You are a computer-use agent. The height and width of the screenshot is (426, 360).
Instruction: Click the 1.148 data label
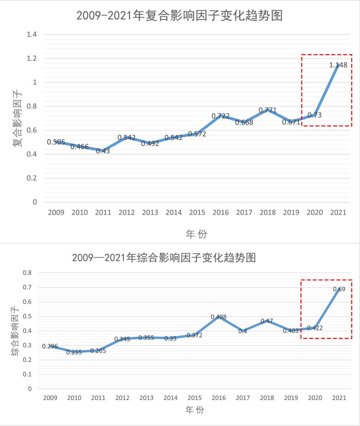(x=338, y=65)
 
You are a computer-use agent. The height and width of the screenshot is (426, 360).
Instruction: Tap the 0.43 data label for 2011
(x=103, y=151)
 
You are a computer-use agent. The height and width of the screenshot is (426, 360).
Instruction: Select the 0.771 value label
(x=268, y=110)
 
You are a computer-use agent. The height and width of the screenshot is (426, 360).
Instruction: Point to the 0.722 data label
(x=220, y=116)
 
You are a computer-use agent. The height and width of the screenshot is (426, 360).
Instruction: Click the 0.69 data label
(x=339, y=289)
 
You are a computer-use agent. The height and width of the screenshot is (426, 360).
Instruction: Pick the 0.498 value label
(x=218, y=317)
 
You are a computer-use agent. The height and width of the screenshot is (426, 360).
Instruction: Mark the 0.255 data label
(x=74, y=352)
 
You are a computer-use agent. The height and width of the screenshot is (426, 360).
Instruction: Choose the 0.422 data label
(x=315, y=328)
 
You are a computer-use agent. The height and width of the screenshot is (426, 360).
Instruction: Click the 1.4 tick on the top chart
(x=32, y=34)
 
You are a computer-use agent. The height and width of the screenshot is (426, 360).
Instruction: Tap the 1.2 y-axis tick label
(x=32, y=58)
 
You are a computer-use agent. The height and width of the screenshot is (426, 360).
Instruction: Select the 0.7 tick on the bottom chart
(x=27, y=287)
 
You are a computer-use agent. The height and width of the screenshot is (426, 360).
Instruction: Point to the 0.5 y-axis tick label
(x=27, y=316)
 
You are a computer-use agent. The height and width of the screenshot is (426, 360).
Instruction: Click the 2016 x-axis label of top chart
(x=220, y=212)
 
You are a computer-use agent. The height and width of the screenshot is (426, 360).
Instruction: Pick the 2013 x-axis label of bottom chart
(x=146, y=398)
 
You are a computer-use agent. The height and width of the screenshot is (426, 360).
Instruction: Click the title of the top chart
(x=180, y=16)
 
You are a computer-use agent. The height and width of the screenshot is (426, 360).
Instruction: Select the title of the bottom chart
(x=164, y=258)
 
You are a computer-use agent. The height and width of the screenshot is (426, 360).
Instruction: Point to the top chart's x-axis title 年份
(x=197, y=234)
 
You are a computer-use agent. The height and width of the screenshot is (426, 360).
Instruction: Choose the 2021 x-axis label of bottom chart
(x=339, y=398)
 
